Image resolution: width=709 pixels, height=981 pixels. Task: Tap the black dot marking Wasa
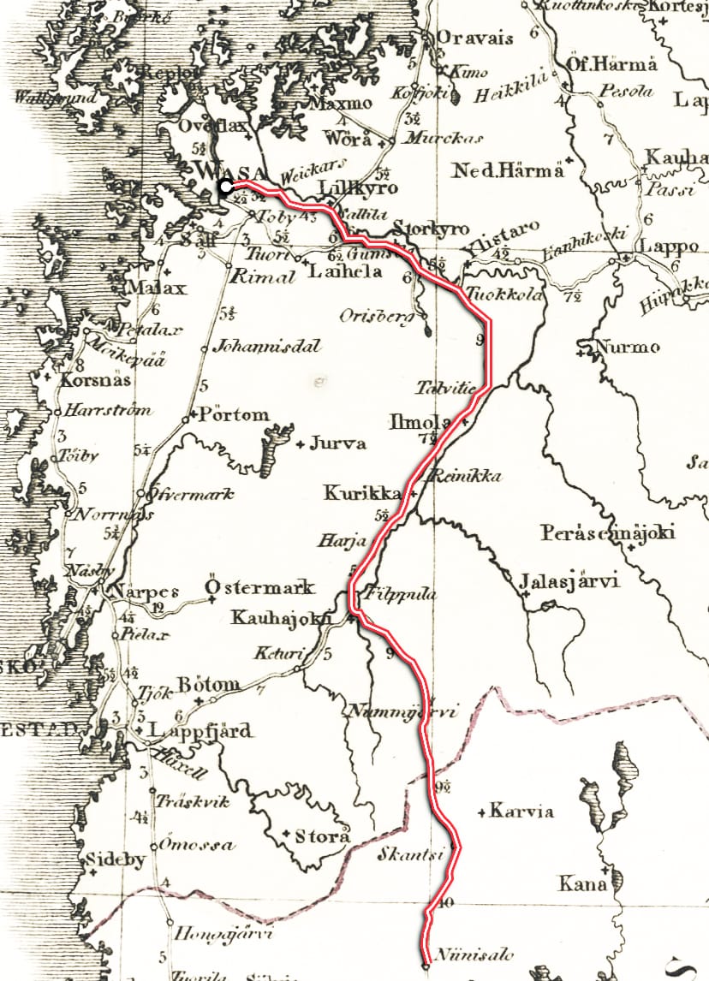[x=224, y=186]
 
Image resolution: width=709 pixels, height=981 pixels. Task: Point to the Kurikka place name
[x=362, y=494]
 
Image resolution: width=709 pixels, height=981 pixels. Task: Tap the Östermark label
[x=260, y=588]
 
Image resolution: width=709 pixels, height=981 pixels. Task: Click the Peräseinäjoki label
[x=607, y=532]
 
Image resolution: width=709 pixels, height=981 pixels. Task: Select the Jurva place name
[x=337, y=443]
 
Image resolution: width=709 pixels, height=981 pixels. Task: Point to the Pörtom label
[x=233, y=415]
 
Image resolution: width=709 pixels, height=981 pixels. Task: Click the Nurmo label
[x=629, y=348]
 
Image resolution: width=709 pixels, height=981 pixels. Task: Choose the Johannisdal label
[x=265, y=347]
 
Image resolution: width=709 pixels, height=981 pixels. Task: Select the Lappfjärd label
[x=200, y=731]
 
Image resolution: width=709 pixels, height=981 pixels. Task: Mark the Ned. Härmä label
[x=510, y=169]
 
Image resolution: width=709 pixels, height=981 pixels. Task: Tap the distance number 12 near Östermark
[x=157, y=608]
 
